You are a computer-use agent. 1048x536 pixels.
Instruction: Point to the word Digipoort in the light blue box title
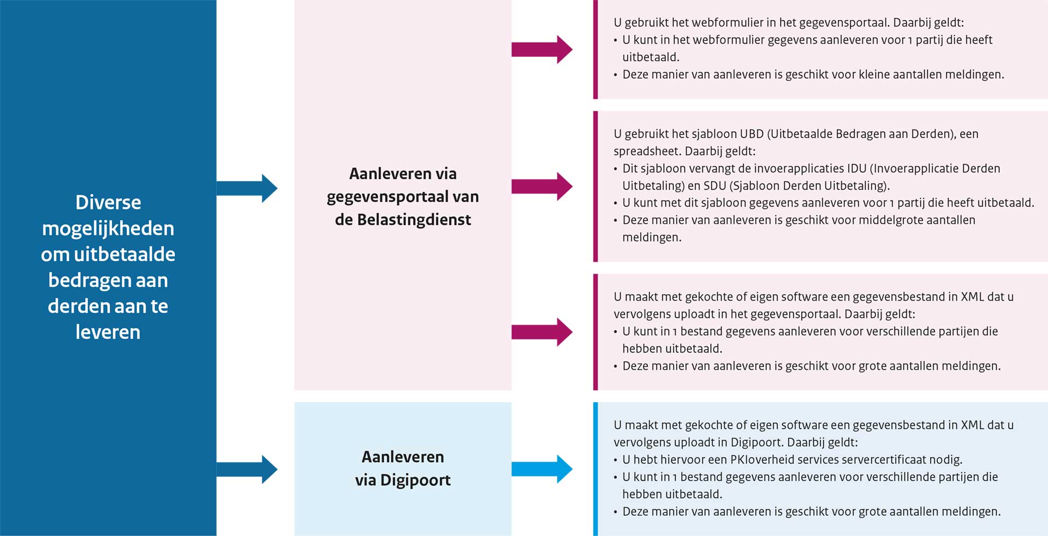(415, 480)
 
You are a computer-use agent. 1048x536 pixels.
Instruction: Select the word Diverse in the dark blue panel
(108, 203)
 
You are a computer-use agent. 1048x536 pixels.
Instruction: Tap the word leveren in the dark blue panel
(108, 332)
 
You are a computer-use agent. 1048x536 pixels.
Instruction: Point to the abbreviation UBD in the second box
(752, 134)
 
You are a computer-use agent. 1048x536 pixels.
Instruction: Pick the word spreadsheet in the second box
(647, 151)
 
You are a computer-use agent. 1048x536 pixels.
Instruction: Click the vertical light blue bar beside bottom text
(596, 469)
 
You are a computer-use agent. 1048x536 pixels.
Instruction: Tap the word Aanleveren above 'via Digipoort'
(403, 457)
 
